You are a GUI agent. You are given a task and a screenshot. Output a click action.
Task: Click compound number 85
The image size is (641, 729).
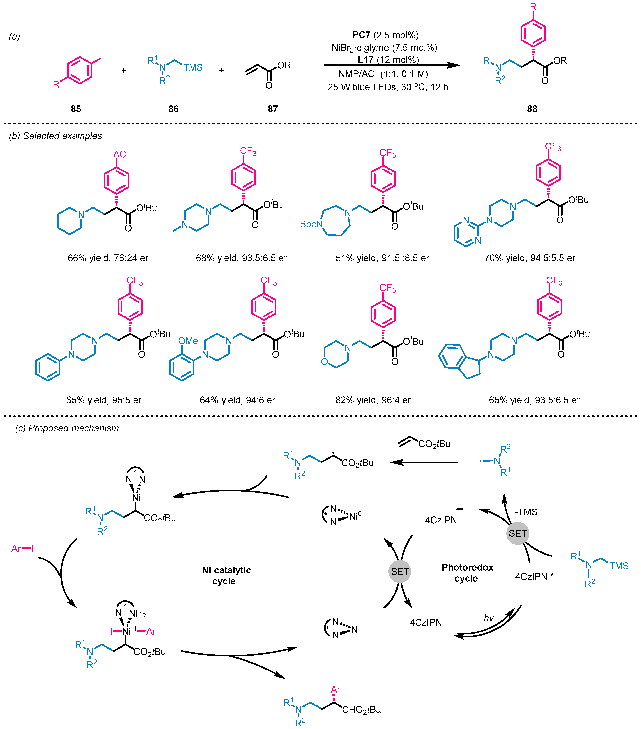coord(76,109)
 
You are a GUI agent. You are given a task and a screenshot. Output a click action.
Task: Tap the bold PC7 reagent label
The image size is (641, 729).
coord(361,35)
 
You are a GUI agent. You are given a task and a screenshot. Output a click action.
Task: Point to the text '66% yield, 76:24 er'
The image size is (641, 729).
coord(108,258)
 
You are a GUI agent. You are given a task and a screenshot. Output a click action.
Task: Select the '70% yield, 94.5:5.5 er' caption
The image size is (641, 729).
coord(529,258)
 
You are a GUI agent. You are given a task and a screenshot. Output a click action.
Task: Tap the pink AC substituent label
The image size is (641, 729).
coord(120,154)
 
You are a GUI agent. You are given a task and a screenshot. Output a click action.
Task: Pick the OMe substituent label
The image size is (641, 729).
coord(188,341)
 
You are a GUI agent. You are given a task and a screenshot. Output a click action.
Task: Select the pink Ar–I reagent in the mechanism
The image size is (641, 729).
coord(22,549)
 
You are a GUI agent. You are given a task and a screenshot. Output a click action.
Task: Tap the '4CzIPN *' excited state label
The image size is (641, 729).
coord(534,576)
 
